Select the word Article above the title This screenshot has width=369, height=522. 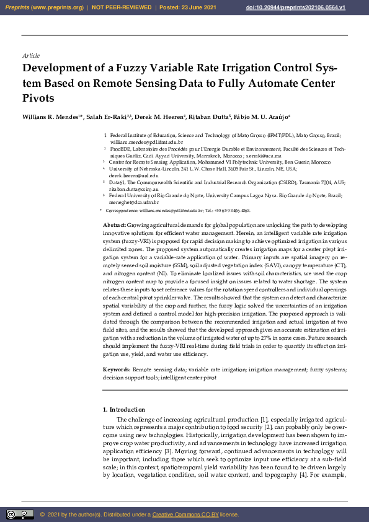[x=30, y=56]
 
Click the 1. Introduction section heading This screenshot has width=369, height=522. [x=124, y=409]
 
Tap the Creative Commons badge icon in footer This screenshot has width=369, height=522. [x=20, y=515]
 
